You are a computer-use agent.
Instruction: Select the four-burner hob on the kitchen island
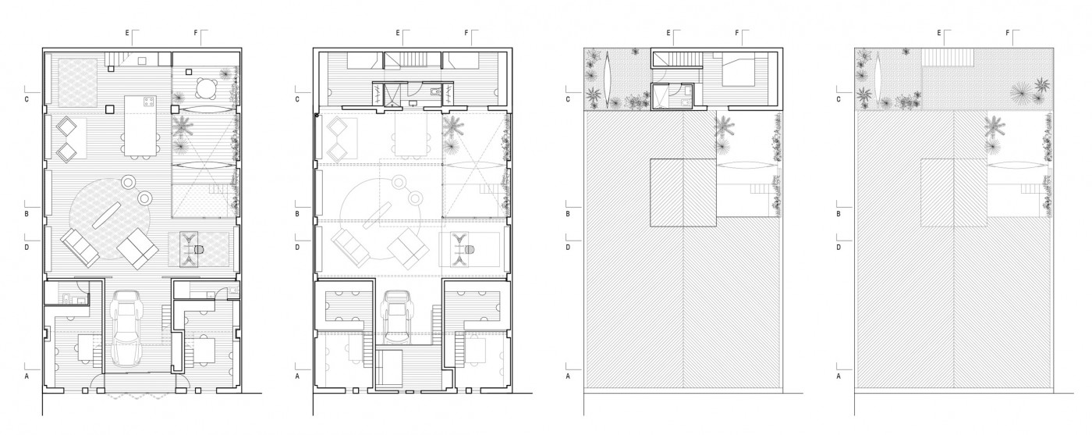point(149,102)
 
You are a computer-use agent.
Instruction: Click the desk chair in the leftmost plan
point(198,250)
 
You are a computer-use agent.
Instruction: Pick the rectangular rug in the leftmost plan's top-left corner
point(77,82)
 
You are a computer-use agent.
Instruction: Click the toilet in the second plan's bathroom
point(435,91)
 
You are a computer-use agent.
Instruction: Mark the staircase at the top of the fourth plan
point(947,57)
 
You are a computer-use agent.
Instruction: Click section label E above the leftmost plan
point(127,34)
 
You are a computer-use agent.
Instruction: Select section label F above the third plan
point(736,34)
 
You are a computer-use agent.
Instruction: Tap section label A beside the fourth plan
point(838,376)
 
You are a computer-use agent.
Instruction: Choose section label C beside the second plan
point(297,100)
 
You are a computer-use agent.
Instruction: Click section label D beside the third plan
point(568,248)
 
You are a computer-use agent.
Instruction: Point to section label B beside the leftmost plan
point(27,214)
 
